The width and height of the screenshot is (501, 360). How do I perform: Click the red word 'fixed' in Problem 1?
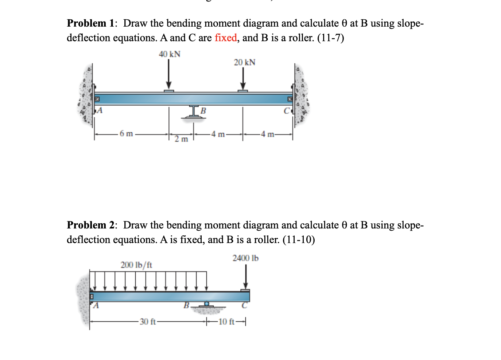(226, 38)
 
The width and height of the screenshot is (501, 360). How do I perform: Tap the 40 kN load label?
(170, 54)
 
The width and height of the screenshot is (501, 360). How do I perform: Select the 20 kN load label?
(245, 62)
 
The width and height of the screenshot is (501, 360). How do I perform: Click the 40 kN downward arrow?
(169, 74)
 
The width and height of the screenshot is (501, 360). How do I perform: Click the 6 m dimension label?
(127, 134)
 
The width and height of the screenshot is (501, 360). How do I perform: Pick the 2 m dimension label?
(181, 139)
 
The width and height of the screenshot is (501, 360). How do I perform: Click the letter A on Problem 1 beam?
(99, 110)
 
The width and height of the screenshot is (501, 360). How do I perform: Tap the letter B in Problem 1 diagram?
(203, 110)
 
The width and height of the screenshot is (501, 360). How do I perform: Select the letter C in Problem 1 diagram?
(287, 110)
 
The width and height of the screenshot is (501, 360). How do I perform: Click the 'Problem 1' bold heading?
(90, 23)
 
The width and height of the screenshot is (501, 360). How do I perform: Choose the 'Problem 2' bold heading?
(90, 225)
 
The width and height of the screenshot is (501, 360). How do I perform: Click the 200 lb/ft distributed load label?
(136, 265)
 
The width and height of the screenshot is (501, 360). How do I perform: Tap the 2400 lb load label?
(245, 258)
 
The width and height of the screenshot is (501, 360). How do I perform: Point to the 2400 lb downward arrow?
(246, 277)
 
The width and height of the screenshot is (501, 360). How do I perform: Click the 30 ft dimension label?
(148, 322)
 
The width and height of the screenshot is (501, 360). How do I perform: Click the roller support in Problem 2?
(206, 304)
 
